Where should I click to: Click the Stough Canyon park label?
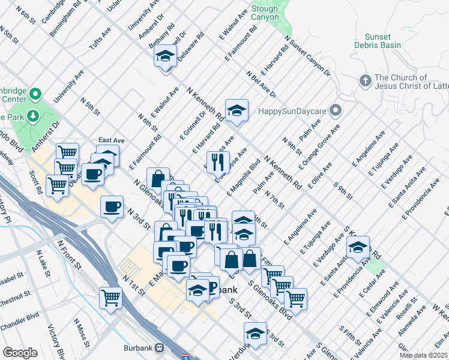click(x=265, y=13)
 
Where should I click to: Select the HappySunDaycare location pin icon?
click(x=336, y=110)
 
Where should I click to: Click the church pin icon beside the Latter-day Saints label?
click(x=364, y=80)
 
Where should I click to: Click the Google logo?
click(x=20, y=353)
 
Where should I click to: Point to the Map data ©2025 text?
click(x=424, y=355)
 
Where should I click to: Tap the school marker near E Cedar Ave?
click(x=358, y=247)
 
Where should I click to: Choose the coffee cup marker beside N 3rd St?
click(x=112, y=207)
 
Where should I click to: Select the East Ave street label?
click(x=111, y=140)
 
